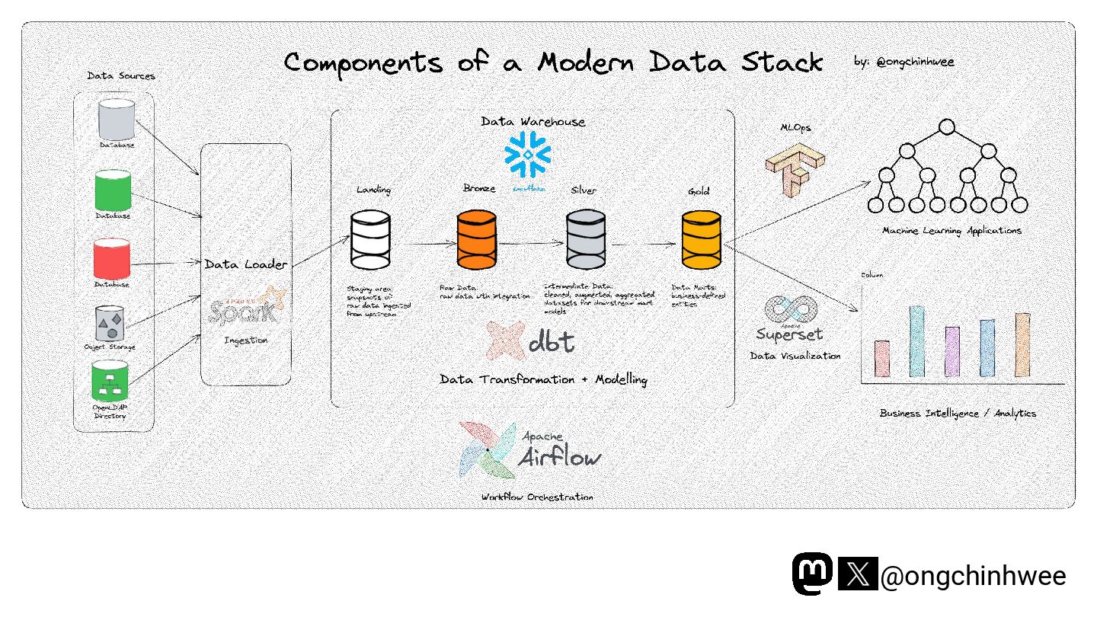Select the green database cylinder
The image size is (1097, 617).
pos(113,191)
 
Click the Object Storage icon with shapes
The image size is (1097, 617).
pos(111,324)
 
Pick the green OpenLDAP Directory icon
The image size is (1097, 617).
pos(110,382)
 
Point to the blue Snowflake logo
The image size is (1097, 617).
pos(528,155)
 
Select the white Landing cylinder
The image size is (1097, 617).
pos(370,241)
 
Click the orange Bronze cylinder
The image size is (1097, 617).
pos(477,241)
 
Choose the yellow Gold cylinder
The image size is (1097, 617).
pos(702,241)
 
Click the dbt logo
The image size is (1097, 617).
pos(530,341)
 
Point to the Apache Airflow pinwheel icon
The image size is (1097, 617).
pos(488,449)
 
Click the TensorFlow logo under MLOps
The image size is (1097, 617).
pos(795,170)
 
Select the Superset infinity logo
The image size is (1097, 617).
pos(790,310)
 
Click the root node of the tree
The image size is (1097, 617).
pos(947,127)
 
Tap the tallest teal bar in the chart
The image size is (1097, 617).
pos(916,341)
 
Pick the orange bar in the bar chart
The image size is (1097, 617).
pos(1022,345)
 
